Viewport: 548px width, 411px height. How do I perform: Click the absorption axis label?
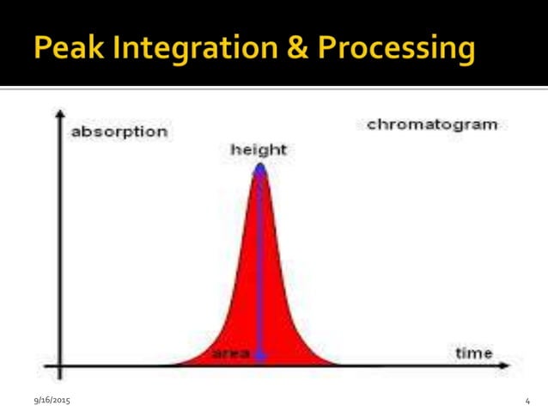[119, 132]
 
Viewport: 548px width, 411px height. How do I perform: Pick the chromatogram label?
[432, 125]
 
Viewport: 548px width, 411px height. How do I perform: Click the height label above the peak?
[259, 150]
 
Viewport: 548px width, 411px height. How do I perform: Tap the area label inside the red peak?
[230, 354]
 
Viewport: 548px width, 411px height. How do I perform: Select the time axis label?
[473, 353]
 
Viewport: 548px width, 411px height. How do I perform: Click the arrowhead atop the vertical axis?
[59, 114]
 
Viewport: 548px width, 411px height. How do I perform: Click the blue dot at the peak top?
[260, 169]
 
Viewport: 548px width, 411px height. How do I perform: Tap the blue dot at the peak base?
[260, 354]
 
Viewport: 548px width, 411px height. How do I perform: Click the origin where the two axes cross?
[59, 368]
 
